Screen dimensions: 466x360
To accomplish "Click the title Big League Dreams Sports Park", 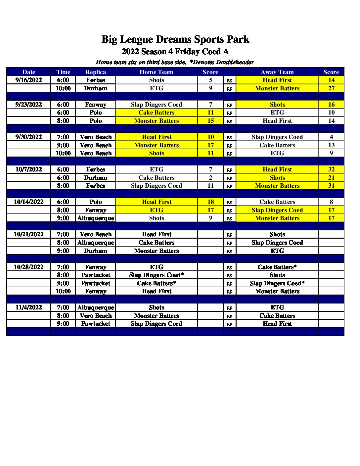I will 175,39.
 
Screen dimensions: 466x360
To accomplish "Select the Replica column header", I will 96,72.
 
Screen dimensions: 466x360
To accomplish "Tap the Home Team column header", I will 156,72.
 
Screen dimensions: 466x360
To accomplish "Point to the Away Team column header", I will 277,72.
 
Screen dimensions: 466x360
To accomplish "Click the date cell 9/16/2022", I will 29,80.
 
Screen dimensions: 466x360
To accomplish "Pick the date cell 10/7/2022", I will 29,169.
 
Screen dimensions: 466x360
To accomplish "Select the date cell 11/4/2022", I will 29,307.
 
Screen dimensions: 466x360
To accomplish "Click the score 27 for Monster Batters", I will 331,88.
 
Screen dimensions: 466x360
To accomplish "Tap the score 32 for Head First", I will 331,169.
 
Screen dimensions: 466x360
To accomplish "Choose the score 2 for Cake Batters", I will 210,178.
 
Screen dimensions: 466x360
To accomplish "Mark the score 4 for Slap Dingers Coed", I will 331,137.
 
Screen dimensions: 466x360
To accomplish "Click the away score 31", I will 331,186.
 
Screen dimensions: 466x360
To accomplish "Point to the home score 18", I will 210,202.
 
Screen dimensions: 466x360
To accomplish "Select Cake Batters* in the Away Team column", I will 277,267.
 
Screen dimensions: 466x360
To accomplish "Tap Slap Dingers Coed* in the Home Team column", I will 156,275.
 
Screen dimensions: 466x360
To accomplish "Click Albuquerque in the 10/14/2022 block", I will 96,218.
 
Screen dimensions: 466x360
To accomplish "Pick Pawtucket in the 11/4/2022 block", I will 96,324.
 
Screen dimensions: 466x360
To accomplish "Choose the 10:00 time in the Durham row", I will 63,88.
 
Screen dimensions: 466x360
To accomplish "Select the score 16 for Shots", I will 331,105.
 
